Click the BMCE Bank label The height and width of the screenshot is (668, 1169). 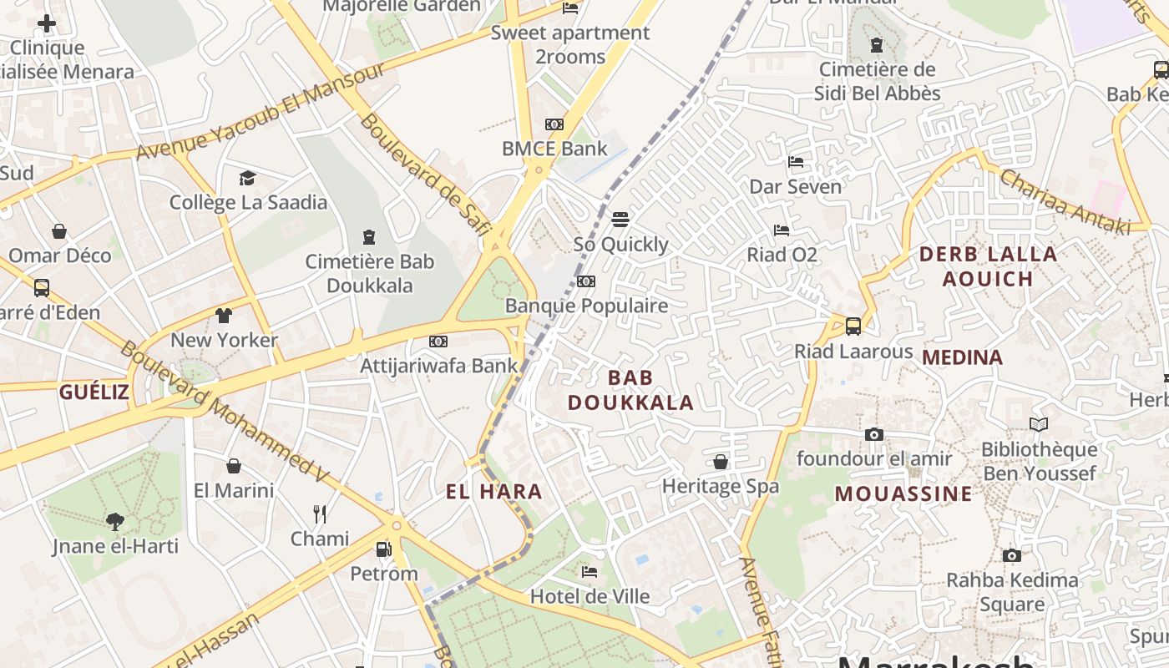(554, 149)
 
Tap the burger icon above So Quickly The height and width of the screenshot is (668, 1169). (620, 220)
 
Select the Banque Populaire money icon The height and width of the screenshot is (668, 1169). (586, 281)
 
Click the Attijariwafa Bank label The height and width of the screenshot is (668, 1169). (439, 365)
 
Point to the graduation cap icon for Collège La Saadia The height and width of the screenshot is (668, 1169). (247, 178)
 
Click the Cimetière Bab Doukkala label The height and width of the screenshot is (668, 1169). (369, 273)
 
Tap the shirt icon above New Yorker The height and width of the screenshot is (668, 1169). (224, 316)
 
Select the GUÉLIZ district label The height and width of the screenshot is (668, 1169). (94, 392)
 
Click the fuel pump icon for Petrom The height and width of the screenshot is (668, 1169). (383, 549)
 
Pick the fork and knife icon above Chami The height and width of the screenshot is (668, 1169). (319, 514)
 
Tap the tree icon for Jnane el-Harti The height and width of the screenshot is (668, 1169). (114, 522)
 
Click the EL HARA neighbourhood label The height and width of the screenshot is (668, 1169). (494, 492)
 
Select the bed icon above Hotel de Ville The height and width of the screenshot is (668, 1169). (590, 572)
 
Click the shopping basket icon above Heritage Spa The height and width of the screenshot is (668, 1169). (720, 462)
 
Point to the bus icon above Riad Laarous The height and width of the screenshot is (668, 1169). (853, 326)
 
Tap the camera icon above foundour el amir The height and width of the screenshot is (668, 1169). (874, 434)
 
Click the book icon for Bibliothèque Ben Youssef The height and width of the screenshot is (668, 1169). (1039, 425)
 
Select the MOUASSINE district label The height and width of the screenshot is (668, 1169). (903, 493)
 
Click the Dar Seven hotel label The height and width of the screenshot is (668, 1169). (796, 186)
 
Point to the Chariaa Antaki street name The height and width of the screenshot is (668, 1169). (1064, 202)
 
